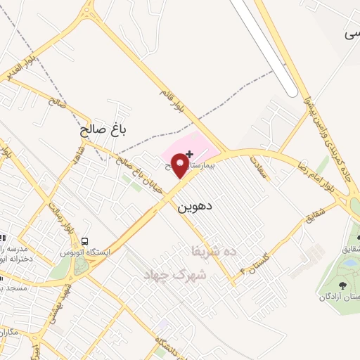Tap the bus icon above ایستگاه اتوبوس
click(86, 243)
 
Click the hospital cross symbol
click(189, 153)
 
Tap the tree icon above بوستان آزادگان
click(342, 285)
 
